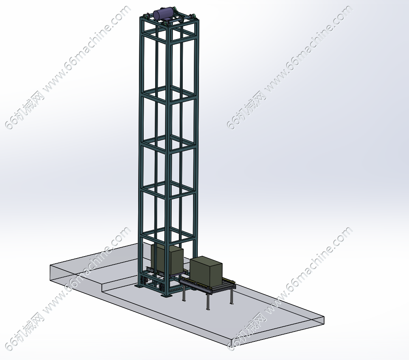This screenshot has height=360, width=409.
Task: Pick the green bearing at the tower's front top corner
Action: [165, 23]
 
